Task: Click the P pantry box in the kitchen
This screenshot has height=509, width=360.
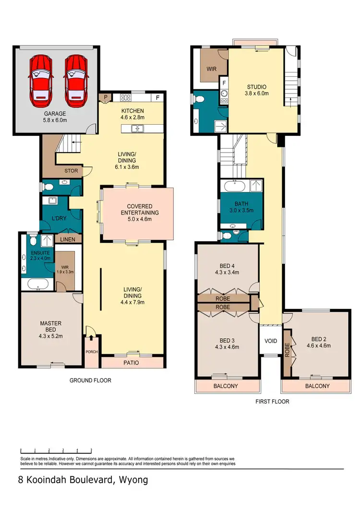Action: click(106, 97)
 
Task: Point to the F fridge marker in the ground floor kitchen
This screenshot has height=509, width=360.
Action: click(157, 98)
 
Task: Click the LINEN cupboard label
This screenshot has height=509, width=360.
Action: click(68, 238)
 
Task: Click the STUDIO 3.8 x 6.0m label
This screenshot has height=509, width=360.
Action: click(257, 90)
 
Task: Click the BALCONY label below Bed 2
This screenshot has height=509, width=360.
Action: click(317, 386)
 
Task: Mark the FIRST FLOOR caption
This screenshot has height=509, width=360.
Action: click(273, 402)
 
